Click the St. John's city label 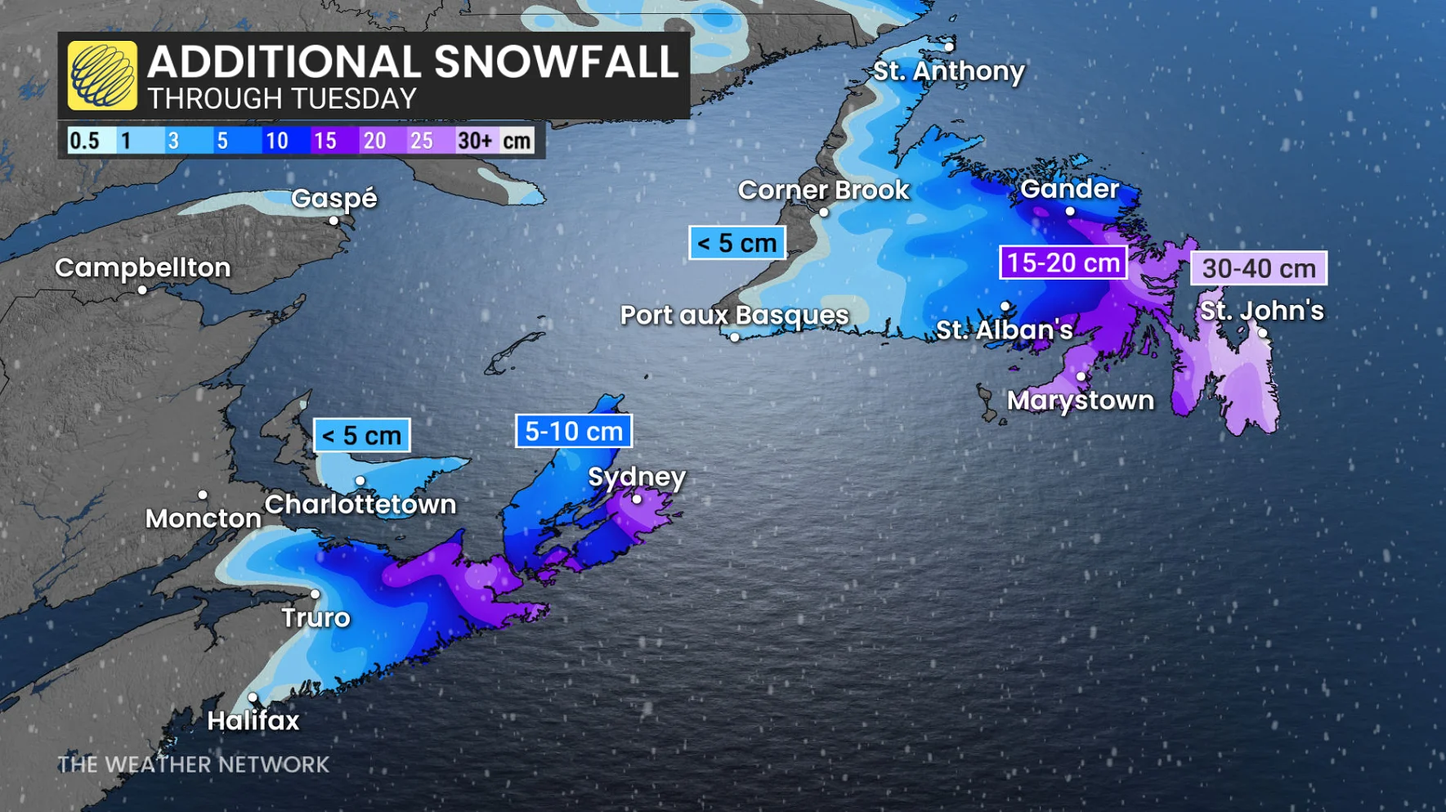pos(1261,311)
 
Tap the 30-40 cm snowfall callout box pos(1258,268)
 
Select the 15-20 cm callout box pos(1063,262)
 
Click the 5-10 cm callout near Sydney pos(573,431)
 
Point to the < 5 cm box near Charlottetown pos(361,435)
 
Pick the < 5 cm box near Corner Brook pos(736,243)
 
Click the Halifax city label pos(253,720)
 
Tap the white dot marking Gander pos(1070,212)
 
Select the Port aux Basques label pos(734,315)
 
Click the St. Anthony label pos(948,71)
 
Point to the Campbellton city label pos(143,267)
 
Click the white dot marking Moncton pos(203,495)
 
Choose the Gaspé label pos(334,198)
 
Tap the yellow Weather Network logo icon pos(102,75)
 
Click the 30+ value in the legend pos(475,141)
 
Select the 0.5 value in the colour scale pos(84,141)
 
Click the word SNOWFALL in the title pos(557,62)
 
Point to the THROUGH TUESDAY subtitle pos(282,99)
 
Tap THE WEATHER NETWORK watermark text pos(193,765)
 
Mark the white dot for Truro pos(315,594)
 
